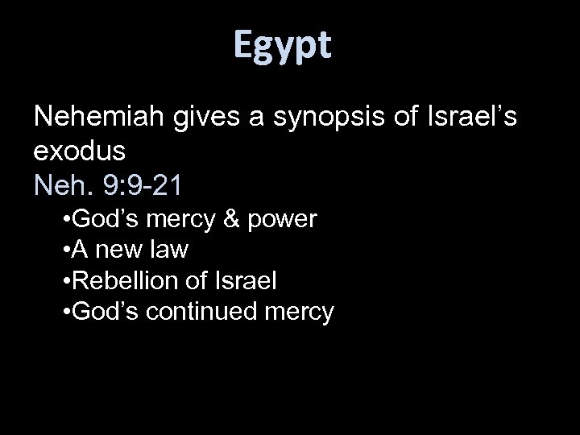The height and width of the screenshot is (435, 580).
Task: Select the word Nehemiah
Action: pyautogui.click(x=101, y=118)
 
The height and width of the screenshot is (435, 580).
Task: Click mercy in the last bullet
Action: pyautogui.click(x=299, y=313)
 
